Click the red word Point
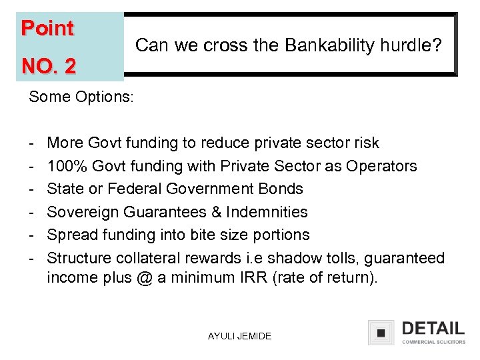coord(47,28)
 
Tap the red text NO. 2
coord(49,66)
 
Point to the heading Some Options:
coord(81,97)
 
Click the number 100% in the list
coord(69,166)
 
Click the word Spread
coord(71,235)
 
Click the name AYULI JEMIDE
coord(239,337)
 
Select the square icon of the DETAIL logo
coord(381,333)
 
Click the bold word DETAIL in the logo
coord(433,328)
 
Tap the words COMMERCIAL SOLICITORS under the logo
coord(433,342)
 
